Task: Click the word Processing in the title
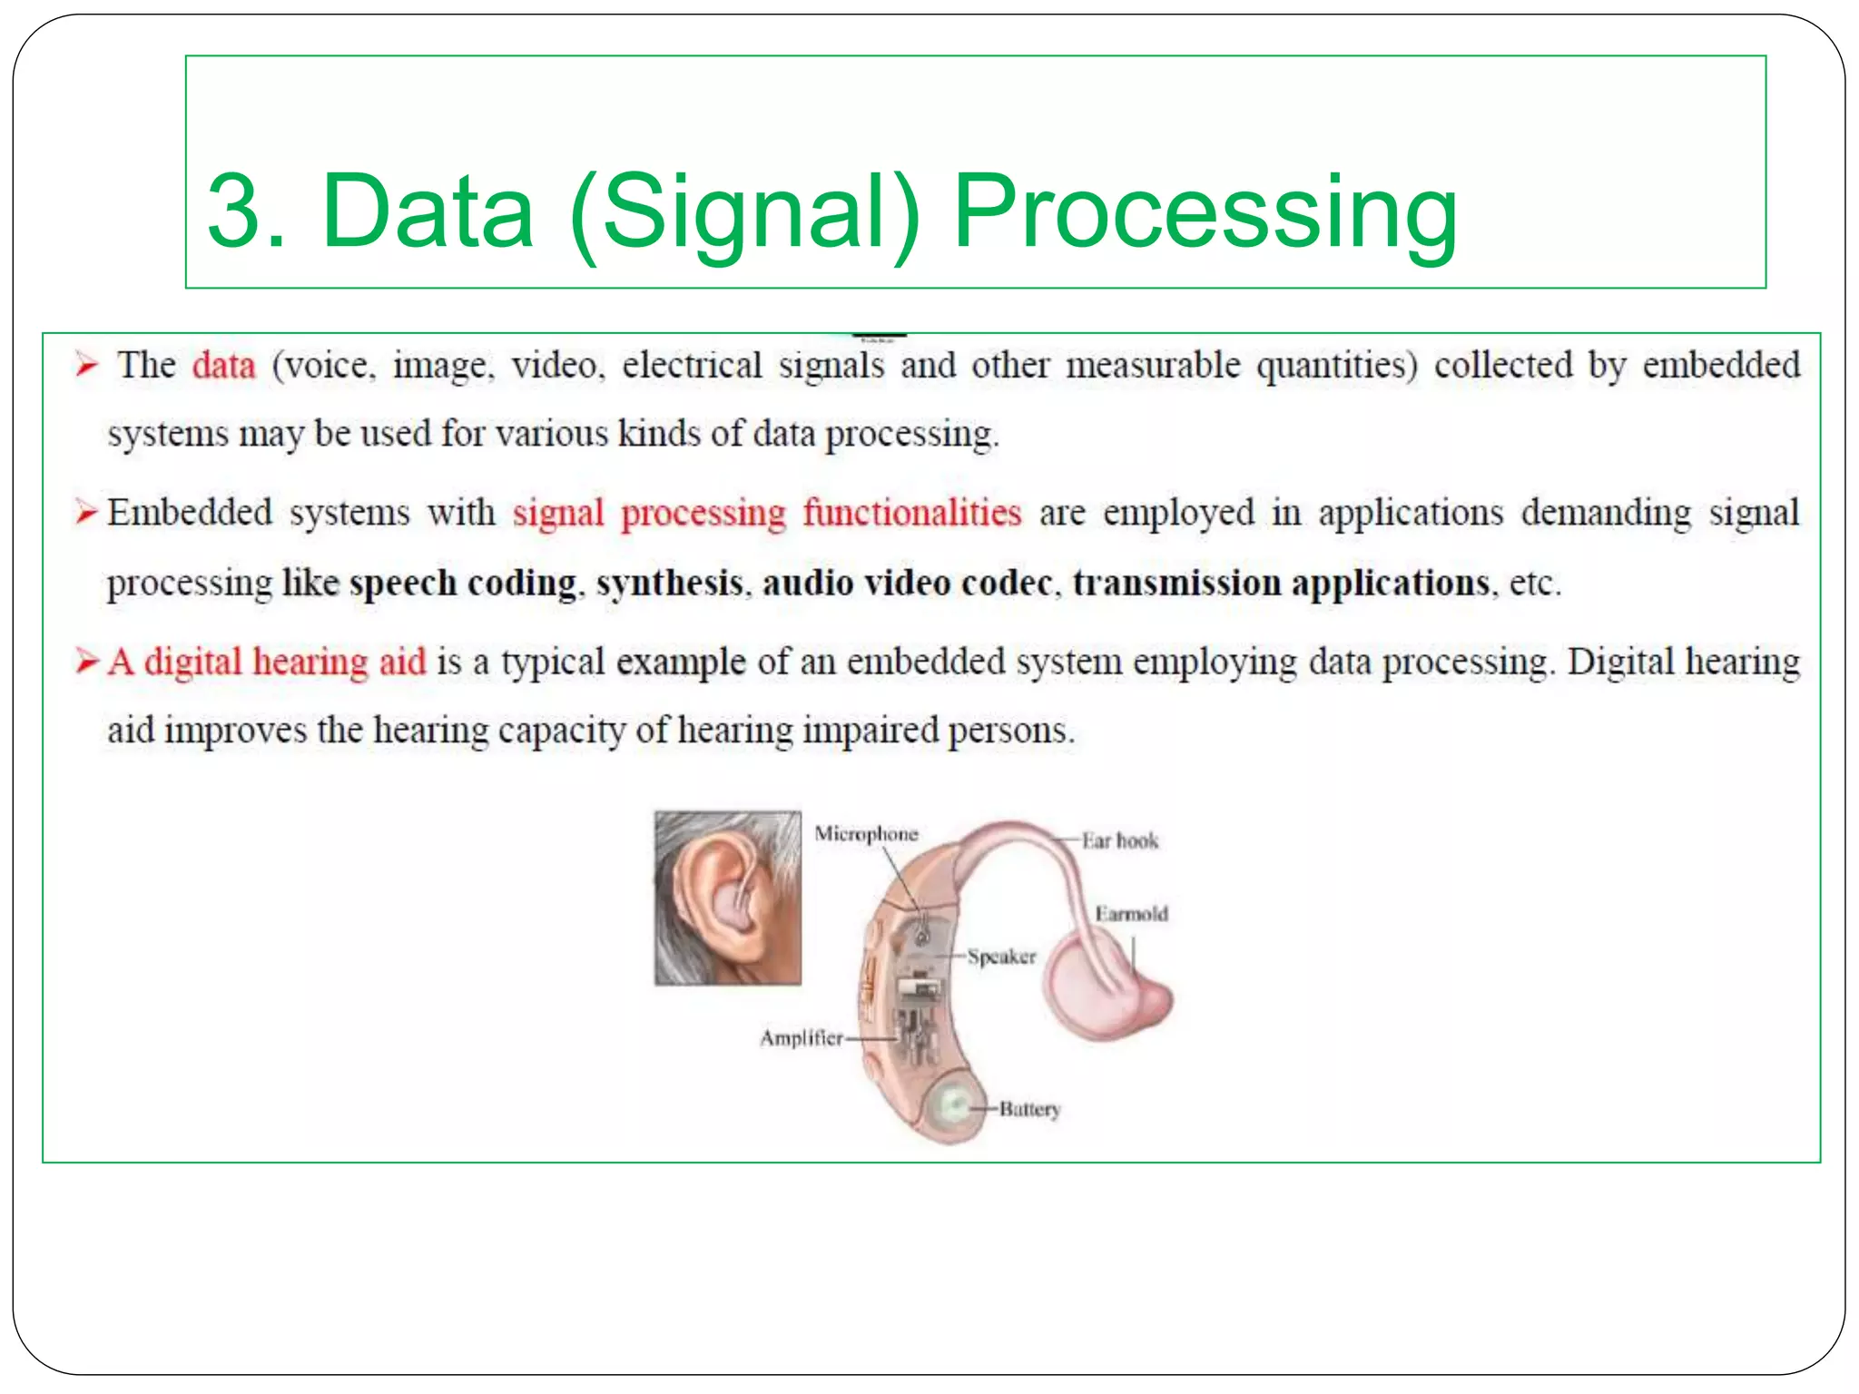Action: tap(1205, 212)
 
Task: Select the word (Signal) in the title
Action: tap(744, 212)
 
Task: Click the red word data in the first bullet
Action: tap(223, 366)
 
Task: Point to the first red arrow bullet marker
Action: tap(86, 366)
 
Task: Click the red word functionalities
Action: tap(911, 514)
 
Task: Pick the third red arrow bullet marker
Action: tap(87, 662)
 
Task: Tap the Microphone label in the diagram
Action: tap(866, 834)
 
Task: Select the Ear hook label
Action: tap(1119, 841)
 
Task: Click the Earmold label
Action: tap(1131, 914)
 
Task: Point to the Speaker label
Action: tap(1001, 957)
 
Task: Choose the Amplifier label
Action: tap(801, 1038)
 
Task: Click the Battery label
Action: tap(1029, 1109)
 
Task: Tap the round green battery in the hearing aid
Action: tap(952, 1105)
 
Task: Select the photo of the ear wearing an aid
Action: tap(728, 898)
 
